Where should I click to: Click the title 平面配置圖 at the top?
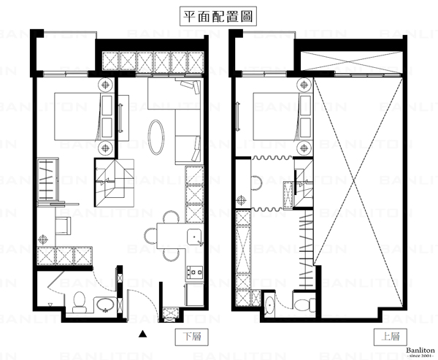[218, 17]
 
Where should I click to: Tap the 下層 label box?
[191, 337]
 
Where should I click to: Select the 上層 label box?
[391, 337]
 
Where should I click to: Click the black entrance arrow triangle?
[143, 334]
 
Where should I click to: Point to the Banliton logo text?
[420, 351]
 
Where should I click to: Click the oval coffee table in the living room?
[156, 137]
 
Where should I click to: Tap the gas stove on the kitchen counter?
[195, 272]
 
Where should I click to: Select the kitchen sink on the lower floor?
[195, 237]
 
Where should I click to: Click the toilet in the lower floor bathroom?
[80, 302]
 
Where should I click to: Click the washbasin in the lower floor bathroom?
[105, 305]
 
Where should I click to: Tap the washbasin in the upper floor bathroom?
[269, 305]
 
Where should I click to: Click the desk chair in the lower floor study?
[63, 226]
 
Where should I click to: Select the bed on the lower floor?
[77, 117]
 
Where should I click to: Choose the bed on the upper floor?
[276, 117]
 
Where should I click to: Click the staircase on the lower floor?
[115, 183]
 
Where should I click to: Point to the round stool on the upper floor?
[257, 183]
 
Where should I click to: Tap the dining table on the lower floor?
[172, 236]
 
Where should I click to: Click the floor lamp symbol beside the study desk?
[43, 240]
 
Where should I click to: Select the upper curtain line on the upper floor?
[272, 158]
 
